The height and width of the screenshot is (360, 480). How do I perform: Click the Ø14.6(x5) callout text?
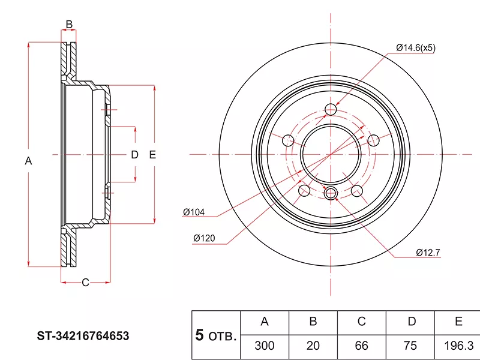click(x=415, y=48)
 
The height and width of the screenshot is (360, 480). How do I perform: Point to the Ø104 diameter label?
click(x=194, y=212)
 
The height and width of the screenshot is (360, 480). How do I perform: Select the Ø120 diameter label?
click(x=204, y=238)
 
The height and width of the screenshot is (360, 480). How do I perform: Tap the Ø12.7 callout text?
click(x=428, y=253)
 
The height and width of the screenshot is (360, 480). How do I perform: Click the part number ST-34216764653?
click(x=83, y=336)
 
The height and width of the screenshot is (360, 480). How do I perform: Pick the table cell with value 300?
click(x=265, y=346)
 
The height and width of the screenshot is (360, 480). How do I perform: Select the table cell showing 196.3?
click(x=458, y=346)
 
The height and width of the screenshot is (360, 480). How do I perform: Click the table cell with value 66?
click(x=362, y=346)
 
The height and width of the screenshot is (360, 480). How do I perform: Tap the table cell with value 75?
click(x=410, y=346)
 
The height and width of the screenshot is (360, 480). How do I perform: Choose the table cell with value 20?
click(x=313, y=346)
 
